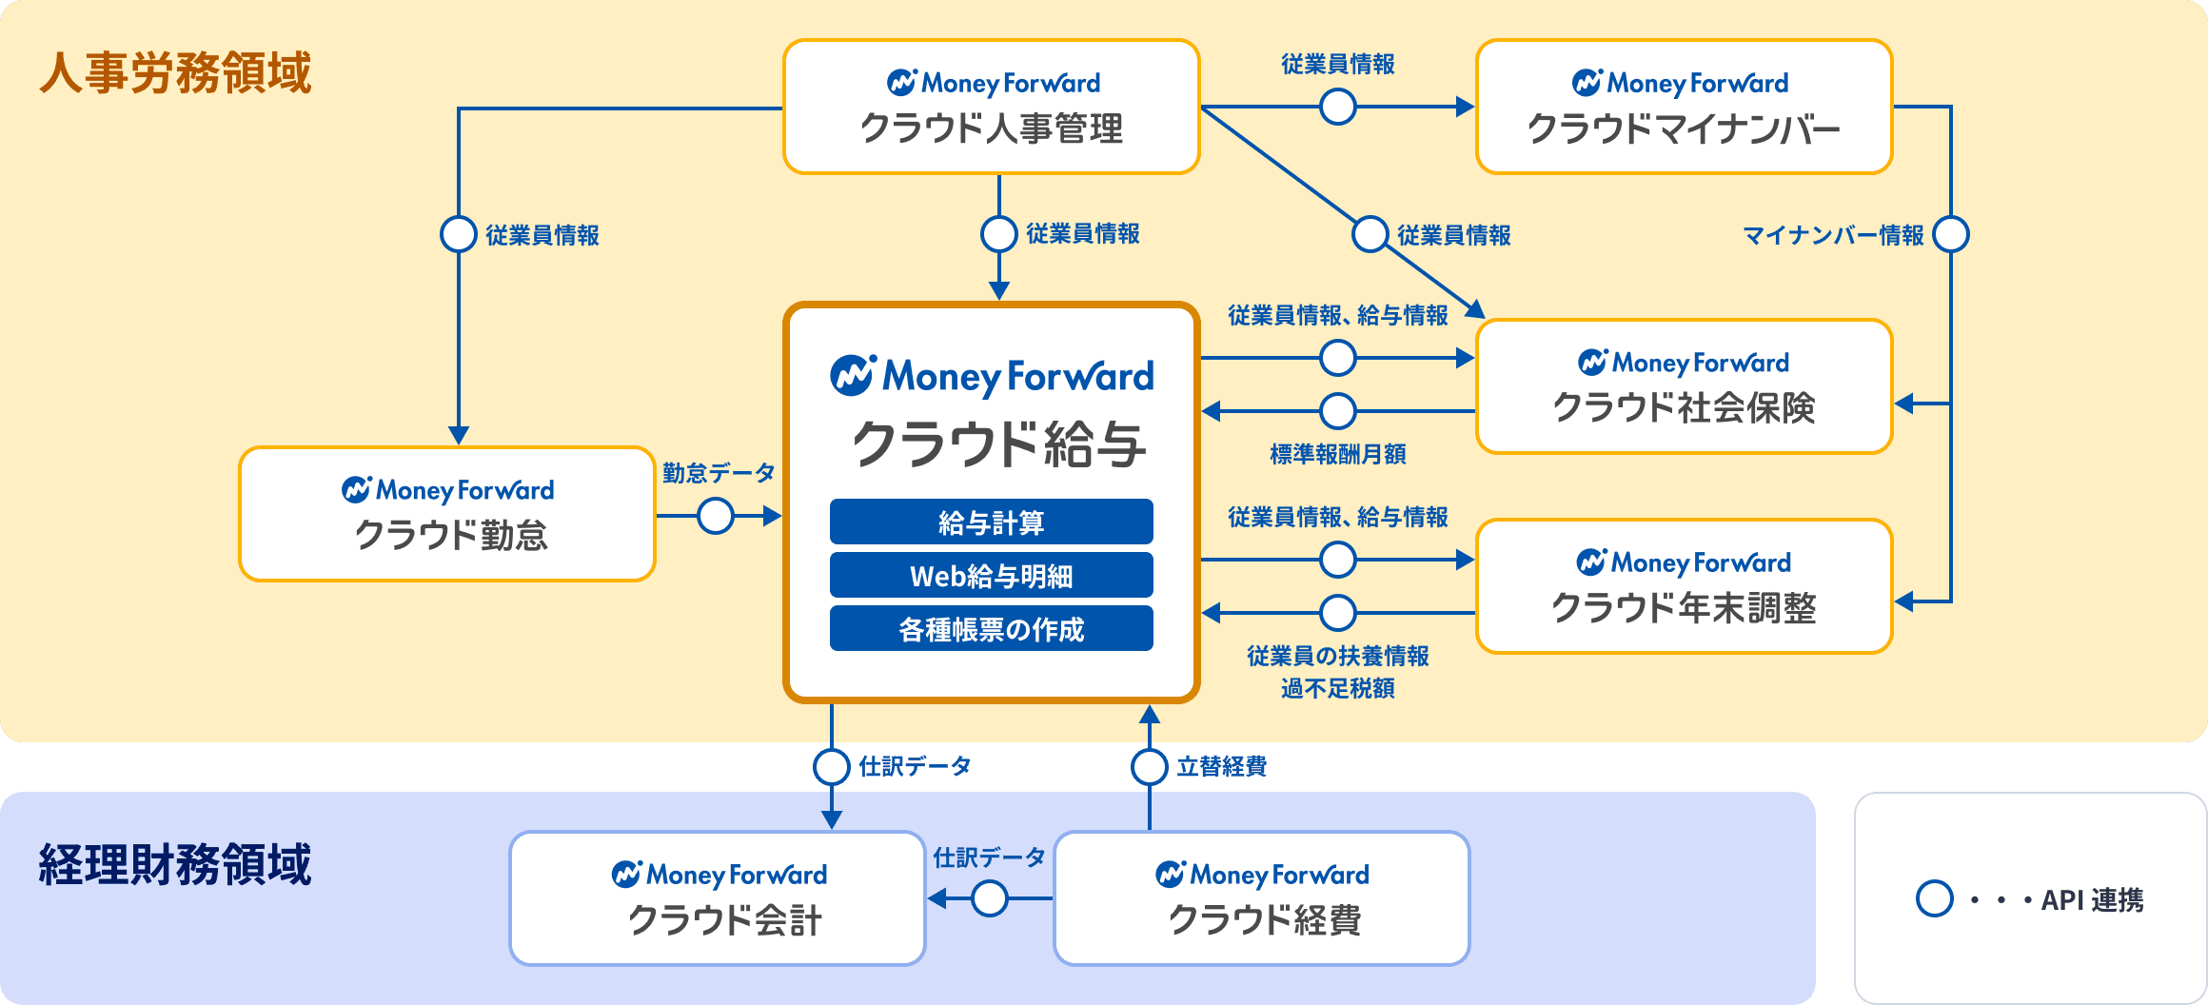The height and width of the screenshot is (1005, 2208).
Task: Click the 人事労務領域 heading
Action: [x=175, y=73]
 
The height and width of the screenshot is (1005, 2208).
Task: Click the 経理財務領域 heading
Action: [x=175, y=864]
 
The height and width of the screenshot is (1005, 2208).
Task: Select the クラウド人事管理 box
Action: [x=991, y=107]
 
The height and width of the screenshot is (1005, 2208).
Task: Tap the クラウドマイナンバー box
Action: [x=1684, y=107]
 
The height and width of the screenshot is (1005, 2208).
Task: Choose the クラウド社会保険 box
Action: [x=1684, y=386]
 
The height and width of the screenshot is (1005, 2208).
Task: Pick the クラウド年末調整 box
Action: [x=1684, y=586]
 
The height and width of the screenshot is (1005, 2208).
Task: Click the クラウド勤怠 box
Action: [x=447, y=514]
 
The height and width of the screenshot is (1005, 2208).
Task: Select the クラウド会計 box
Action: [x=718, y=898]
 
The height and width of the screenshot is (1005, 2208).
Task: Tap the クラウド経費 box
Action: [x=1262, y=898]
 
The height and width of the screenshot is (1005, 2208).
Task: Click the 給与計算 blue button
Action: [x=991, y=522]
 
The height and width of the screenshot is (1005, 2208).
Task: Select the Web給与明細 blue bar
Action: [x=991, y=575]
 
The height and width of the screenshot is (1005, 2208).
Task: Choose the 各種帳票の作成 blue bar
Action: [x=991, y=628]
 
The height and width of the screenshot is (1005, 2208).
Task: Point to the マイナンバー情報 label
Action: [x=1832, y=235]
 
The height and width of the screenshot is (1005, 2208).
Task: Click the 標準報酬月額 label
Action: [x=1337, y=454]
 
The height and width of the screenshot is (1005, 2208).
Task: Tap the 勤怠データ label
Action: [x=719, y=472]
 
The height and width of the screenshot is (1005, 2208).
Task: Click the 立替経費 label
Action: [x=1221, y=766]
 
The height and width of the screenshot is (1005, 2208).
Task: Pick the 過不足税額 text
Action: [x=1337, y=688]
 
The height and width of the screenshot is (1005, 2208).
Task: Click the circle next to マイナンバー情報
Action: [x=1951, y=234]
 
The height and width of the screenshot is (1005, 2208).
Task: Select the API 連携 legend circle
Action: [x=1934, y=898]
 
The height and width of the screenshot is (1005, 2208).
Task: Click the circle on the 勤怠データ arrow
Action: [x=716, y=517]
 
